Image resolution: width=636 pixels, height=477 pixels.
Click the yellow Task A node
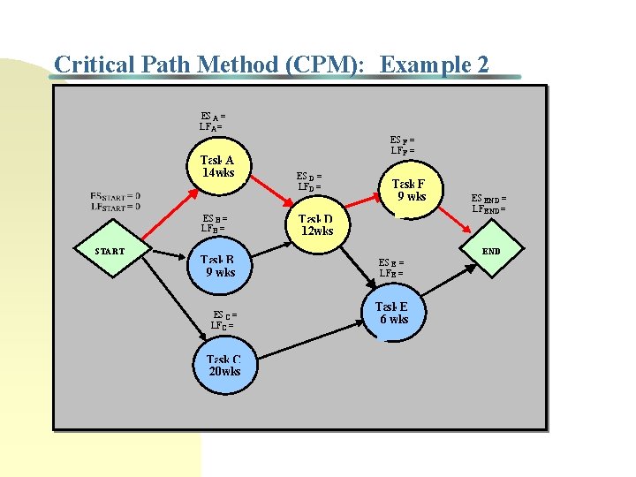point(217,167)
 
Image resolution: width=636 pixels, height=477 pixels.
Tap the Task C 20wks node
point(223,366)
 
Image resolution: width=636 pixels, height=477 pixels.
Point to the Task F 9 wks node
point(412,190)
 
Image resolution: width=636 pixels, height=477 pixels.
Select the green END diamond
point(491,252)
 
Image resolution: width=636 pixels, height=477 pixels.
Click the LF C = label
point(222,325)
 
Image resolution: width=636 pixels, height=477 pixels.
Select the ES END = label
point(488,199)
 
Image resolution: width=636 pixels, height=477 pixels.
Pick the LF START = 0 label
point(115,207)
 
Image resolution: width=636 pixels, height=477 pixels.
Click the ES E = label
point(390,262)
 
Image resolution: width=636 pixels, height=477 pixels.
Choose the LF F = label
point(403,150)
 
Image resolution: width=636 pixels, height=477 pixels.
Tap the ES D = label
point(308,177)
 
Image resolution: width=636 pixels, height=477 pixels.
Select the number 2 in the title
point(481,64)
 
